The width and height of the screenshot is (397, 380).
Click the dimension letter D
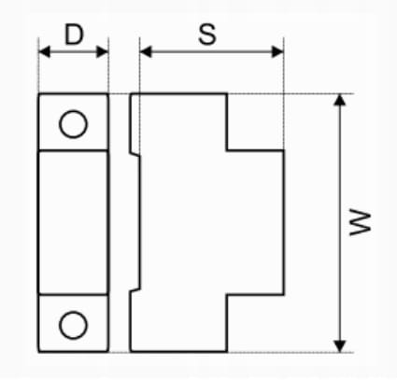(74, 35)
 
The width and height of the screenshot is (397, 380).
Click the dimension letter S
(207, 34)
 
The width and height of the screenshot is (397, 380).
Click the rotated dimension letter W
(361, 223)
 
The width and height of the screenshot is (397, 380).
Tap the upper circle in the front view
(73, 124)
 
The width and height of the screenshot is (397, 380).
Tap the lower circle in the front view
(73, 325)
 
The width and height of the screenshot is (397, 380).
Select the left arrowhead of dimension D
(44, 51)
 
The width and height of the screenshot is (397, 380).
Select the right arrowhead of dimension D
(103, 51)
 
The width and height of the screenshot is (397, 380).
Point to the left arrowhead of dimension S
(146, 51)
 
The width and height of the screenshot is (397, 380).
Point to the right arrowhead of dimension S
(277, 51)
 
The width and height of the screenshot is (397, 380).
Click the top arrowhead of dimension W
(340, 100)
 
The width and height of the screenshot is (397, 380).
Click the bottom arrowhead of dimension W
(340, 346)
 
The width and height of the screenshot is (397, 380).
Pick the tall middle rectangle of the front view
(73, 222)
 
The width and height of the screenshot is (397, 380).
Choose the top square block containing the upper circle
(73, 122)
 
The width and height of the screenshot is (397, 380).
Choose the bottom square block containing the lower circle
(73, 323)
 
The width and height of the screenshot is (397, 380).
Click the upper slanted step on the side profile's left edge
(135, 154)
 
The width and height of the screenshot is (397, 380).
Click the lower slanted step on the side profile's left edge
(135, 290)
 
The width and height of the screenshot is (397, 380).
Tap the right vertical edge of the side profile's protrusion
(284, 222)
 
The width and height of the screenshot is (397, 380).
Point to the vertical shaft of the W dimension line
(340, 223)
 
